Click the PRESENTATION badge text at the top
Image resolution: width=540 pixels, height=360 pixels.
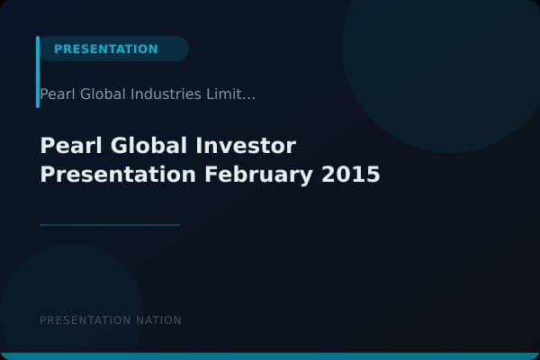point(105,49)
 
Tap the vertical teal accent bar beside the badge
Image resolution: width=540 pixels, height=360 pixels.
point(38,72)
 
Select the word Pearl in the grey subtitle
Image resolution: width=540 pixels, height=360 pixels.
point(56,94)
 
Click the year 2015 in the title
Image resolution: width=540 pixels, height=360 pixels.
point(351,174)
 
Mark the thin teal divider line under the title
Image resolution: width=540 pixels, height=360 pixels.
point(110,225)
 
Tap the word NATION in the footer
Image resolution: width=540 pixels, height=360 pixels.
point(157,320)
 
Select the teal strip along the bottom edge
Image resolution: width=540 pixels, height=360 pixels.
point(270,356)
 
